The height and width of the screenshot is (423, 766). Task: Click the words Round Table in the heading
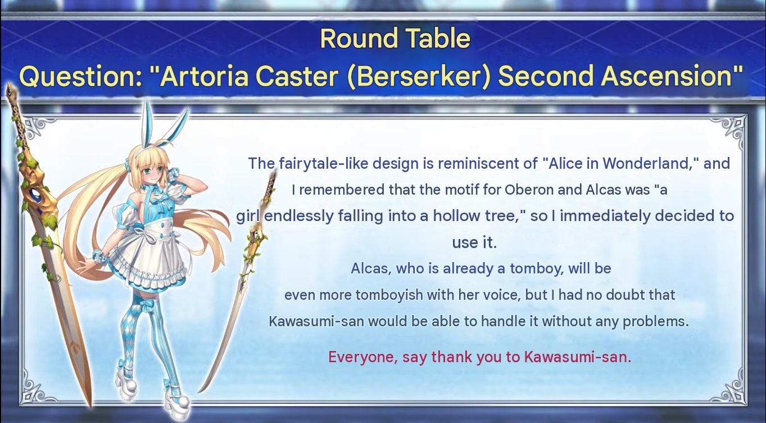point(395,38)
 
